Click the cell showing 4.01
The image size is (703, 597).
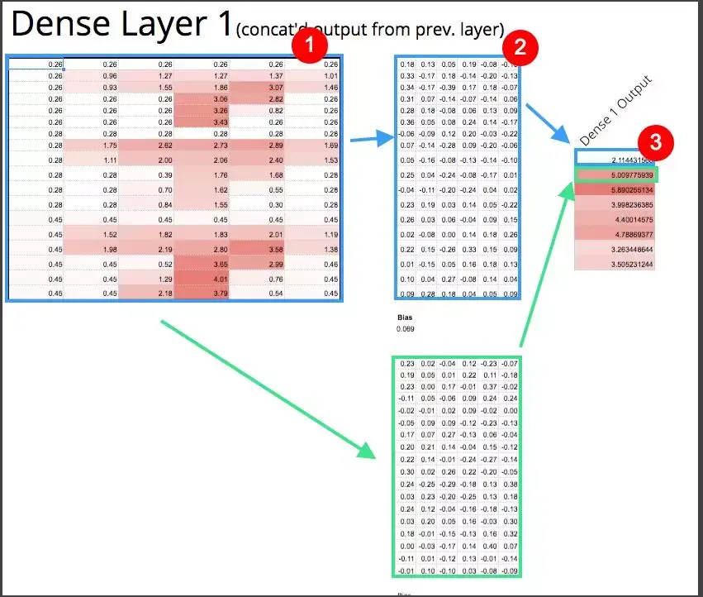click(220, 279)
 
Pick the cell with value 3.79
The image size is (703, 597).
click(220, 293)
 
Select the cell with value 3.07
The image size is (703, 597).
click(275, 87)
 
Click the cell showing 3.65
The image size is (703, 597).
click(220, 264)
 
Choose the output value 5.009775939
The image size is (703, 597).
click(625, 175)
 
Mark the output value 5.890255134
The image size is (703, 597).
click(625, 189)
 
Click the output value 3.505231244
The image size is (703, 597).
click(625, 265)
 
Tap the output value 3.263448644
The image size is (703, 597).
click(625, 249)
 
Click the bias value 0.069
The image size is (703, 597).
click(405, 329)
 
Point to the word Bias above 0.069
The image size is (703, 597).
click(404, 316)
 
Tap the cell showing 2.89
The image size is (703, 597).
click(275, 145)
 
